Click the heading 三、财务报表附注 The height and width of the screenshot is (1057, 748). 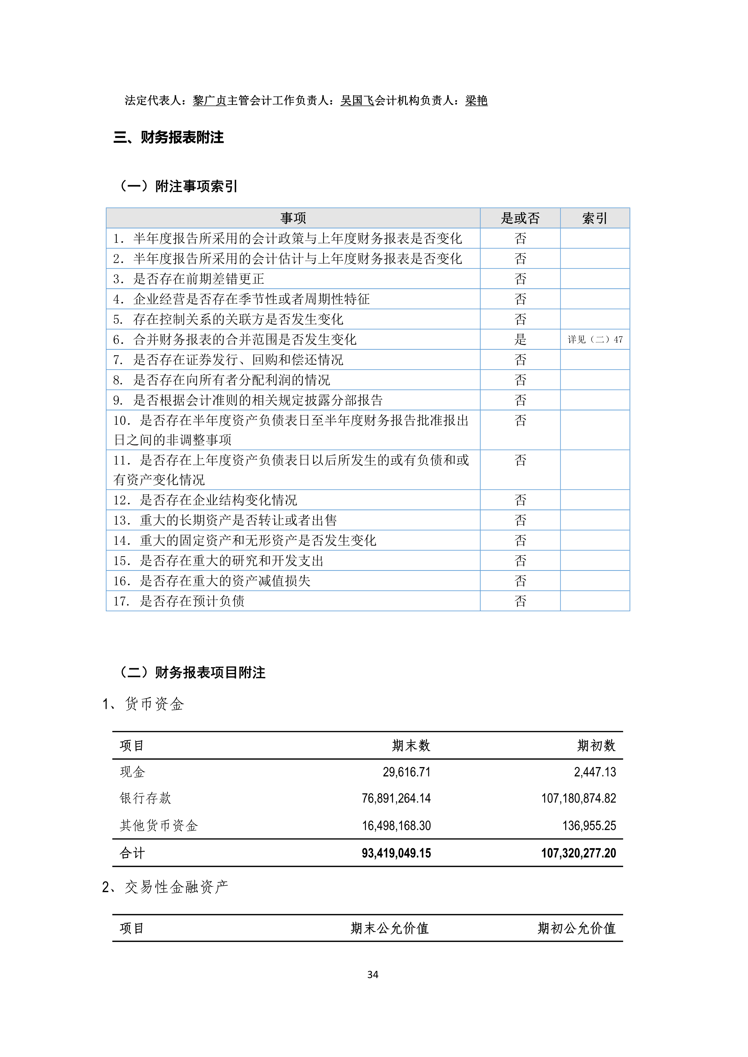(x=169, y=137)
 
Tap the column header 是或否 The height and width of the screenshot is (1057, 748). (x=520, y=218)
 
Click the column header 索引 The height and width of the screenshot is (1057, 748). (x=594, y=218)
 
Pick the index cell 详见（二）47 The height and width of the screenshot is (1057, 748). (x=594, y=340)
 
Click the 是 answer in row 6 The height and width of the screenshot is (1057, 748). (x=520, y=340)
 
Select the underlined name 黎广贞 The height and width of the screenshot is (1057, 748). (x=210, y=100)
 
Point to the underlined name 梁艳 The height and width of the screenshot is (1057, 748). (x=476, y=100)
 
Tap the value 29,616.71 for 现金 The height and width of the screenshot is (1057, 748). (x=406, y=772)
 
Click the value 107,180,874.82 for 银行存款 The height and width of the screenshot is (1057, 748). (x=578, y=799)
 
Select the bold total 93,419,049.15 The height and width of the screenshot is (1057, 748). (x=396, y=853)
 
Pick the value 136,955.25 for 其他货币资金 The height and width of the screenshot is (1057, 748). (x=589, y=826)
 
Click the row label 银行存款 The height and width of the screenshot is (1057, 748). (x=146, y=799)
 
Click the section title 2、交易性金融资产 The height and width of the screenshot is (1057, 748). (x=165, y=887)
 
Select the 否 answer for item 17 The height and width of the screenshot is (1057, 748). (x=520, y=601)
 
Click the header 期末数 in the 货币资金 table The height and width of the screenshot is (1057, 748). (x=411, y=746)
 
